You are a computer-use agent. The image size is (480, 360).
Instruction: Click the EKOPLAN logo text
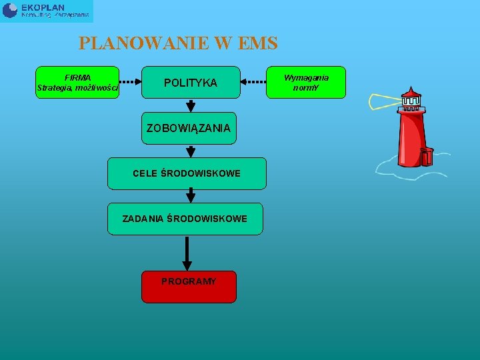[x=43, y=7]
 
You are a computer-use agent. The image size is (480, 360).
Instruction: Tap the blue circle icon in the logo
[x=10, y=10]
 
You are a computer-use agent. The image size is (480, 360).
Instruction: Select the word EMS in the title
[x=255, y=44]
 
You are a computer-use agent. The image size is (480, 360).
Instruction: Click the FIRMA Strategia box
[x=77, y=82]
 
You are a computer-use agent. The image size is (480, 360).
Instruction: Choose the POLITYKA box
[x=191, y=83]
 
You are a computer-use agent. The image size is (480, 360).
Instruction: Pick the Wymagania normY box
[x=306, y=82]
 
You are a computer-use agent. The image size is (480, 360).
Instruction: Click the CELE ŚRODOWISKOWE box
[x=187, y=173]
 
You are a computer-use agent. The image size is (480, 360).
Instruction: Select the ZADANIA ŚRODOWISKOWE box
[x=185, y=219]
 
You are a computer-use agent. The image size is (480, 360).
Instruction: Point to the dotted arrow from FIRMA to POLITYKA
[x=130, y=83]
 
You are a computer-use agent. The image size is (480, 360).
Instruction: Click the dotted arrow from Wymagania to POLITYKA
[x=253, y=83]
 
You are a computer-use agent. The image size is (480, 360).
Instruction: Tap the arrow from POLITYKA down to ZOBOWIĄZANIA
[x=191, y=105]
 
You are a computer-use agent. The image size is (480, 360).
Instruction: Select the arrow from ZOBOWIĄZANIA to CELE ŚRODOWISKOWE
[x=191, y=151]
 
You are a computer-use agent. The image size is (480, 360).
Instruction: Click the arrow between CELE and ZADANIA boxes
[x=191, y=195]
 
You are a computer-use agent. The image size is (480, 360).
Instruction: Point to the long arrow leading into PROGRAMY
[x=187, y=253]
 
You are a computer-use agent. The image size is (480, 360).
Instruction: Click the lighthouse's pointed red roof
[x=411, y=92]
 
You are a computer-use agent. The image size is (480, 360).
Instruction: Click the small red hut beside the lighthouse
[x=427, y=157]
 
